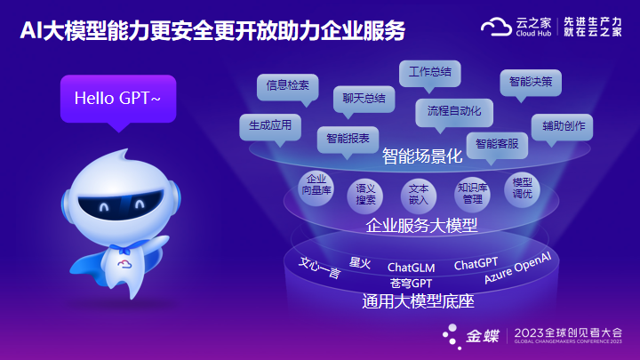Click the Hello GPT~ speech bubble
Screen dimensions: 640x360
click(x=118, y=99)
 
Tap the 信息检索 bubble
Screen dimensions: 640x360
click(x=288, y=86)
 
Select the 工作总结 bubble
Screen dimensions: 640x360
click(x=430, y=74)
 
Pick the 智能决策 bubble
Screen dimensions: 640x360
click(x=531, y=83)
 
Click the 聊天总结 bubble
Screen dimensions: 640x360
click(x=364, y=100)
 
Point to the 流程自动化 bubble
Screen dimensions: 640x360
click(x=454, y=112)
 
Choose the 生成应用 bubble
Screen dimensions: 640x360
click(x=270, y=127)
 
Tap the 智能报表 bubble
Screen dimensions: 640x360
click(x=348, y=140)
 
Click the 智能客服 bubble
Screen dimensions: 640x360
click(x=497, y=145)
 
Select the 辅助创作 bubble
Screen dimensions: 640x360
click(x=562, y=127)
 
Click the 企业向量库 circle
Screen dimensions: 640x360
click(x=316, y=188)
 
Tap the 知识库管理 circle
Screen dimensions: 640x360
click(x=472, y=195)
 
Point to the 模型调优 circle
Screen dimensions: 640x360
click(x=522, y=190)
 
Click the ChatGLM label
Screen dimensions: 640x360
click(x=411, y=268)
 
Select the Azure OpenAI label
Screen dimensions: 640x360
click(x=517, y=268)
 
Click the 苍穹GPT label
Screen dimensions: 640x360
click(x=411, y=284)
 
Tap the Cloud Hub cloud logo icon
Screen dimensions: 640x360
click(x=496, y=28)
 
